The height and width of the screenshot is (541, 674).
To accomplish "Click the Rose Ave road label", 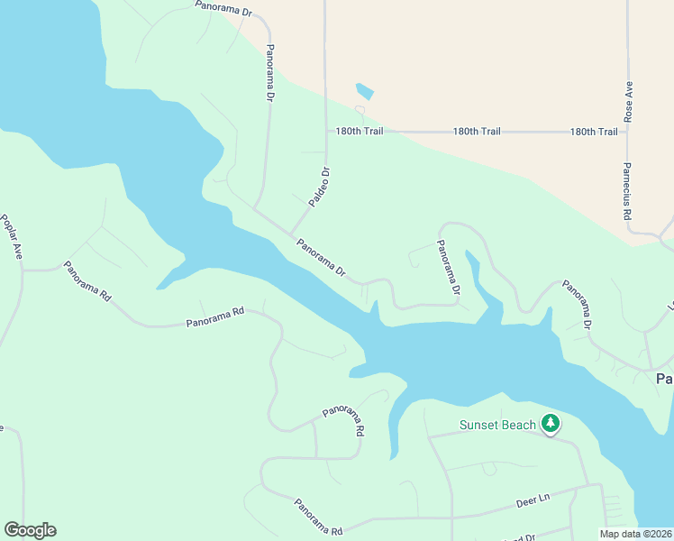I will (x=629, y=103).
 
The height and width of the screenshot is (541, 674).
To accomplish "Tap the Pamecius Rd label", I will (x=627, y=190).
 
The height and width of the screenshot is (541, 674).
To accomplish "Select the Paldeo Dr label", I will (x=320, y=188).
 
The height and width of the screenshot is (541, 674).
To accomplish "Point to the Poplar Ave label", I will (x=12, y=237).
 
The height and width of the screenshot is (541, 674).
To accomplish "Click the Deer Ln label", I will (x=533, y=500).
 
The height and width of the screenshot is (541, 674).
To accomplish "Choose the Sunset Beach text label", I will (x=497, y=425).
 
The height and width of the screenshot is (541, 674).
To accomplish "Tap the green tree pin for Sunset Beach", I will (x=551, y=423).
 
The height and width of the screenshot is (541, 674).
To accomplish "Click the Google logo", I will (x=30, y=530).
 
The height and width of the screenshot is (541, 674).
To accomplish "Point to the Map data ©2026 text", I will (x=636, y=533).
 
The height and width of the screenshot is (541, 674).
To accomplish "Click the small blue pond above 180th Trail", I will (x=365, y=91).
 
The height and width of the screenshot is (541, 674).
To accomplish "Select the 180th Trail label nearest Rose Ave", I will (x=594, y=132).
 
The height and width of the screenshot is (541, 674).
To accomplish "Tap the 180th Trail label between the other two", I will (x=477, y=132).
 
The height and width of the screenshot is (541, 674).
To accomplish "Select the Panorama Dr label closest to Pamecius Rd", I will (x=577, y=303).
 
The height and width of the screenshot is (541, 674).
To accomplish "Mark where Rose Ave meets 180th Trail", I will (x=628, y=132).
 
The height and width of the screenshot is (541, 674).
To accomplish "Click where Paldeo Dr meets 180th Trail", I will (x=326, y=132).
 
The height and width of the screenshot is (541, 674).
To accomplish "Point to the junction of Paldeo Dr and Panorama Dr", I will (x=289, y=233).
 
